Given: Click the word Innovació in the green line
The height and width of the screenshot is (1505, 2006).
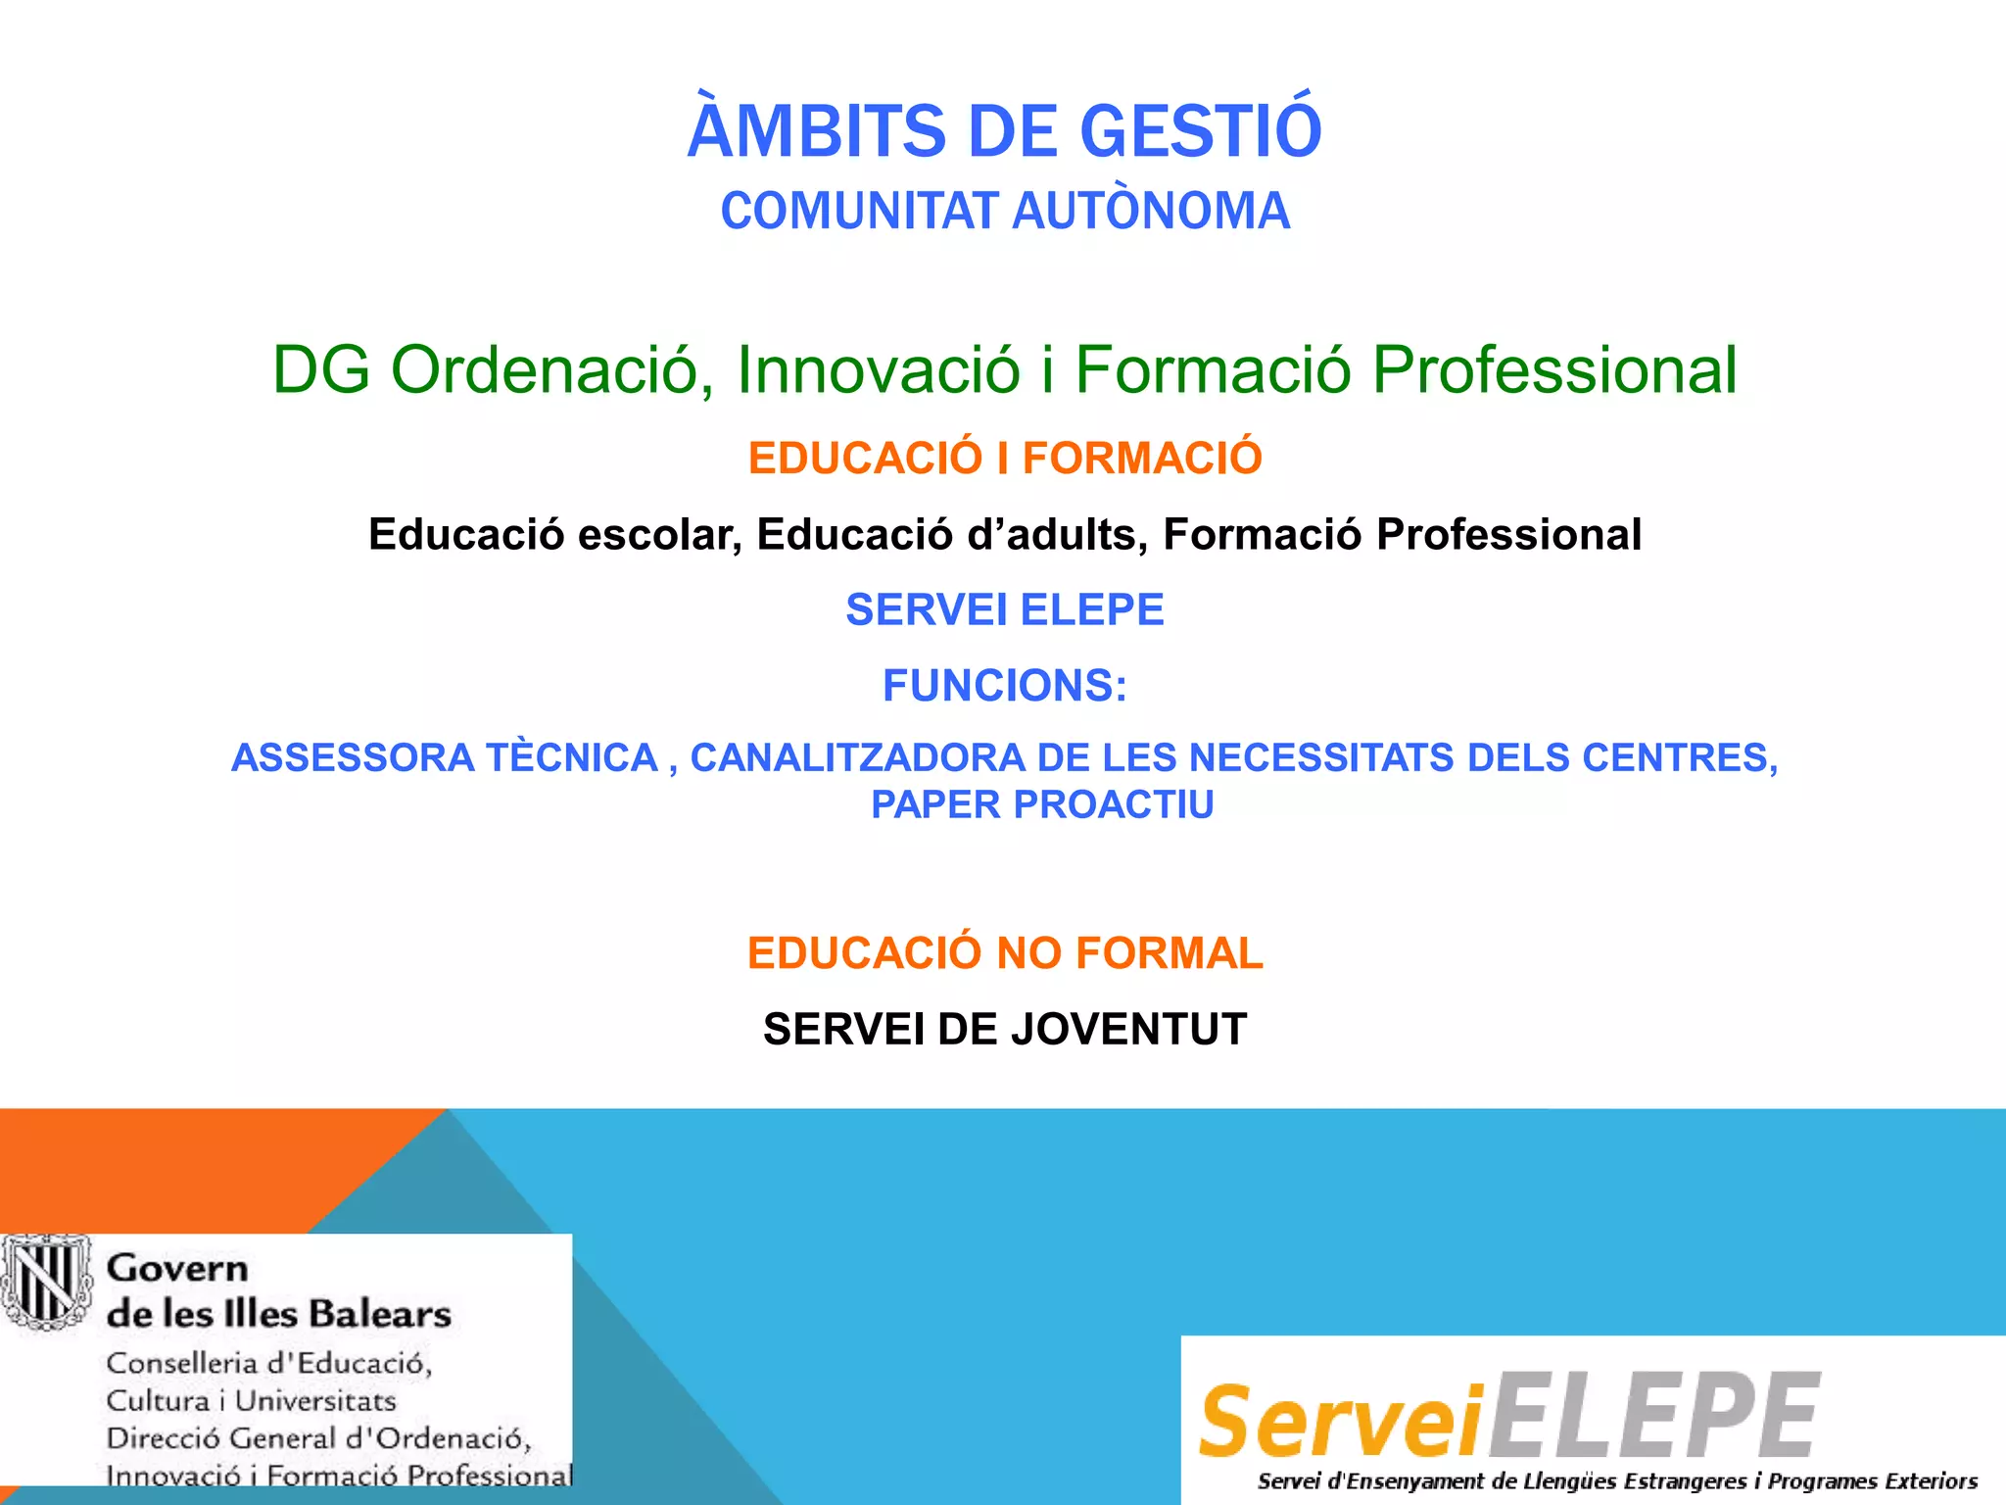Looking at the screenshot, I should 878,370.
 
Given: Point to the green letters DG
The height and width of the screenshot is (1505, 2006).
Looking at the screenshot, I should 320,370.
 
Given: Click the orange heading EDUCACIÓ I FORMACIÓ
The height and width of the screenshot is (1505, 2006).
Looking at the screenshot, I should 1005,459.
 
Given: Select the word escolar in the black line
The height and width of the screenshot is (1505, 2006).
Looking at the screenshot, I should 659,535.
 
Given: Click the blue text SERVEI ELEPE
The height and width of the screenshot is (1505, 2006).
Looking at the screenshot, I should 1005,609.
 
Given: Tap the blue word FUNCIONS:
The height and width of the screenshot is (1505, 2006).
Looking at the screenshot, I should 1005,685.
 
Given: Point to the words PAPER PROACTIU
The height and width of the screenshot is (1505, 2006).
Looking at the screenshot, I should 1042,804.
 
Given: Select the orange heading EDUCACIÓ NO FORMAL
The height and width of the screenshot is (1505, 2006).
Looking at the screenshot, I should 1005,953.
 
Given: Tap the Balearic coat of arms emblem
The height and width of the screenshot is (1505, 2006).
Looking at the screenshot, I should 45,1282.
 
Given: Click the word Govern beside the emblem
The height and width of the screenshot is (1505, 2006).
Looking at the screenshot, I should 177,1269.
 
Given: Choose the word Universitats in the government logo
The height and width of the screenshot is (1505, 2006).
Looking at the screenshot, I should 315,1401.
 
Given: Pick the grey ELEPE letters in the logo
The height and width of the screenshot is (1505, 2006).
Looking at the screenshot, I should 1655,1416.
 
